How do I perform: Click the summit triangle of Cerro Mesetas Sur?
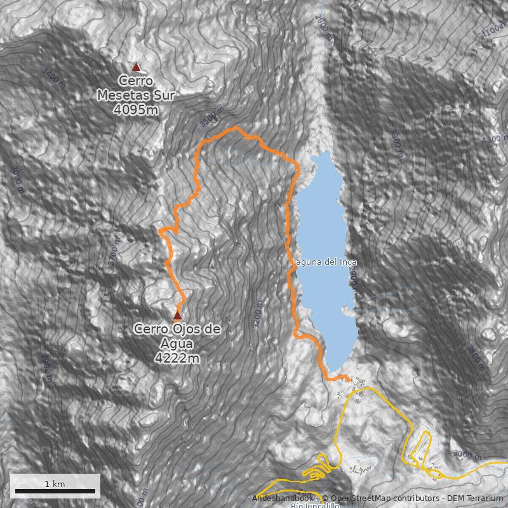coord(135,67)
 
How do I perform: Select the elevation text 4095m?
coord(136,110)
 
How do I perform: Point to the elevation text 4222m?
coord(177,358)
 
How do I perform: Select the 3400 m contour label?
coord(53,78)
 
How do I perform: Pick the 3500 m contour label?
coord(211,117)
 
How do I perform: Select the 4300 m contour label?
coord(495,139)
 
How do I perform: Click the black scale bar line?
coord(55,491)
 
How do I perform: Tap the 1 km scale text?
coord(55,484)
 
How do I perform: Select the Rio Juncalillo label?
coord(315,505)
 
